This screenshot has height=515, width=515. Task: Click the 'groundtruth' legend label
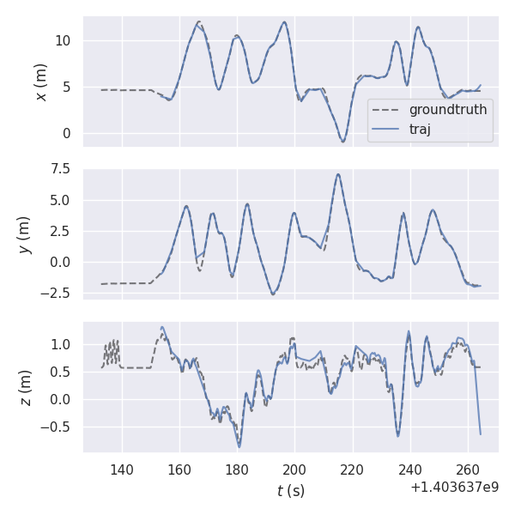[x=448, y=110]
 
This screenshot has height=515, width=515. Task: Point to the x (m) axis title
[x=40, y=82]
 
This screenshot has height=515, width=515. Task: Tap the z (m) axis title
[x=26, y=388]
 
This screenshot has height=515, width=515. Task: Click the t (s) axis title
[x=290, y=491]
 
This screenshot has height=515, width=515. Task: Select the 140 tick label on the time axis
[x=122, y=470]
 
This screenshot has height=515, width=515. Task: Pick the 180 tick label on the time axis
[x=237, y=470]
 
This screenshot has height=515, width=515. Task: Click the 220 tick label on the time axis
[x=352, y=470]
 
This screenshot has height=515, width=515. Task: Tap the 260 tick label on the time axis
[x=467, y=470]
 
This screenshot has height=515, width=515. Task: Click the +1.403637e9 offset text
[x=454, y=488]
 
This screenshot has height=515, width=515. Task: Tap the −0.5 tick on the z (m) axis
[x=60, y=427]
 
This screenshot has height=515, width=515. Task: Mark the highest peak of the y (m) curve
[x=338, y=174]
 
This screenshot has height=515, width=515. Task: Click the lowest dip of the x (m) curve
[x=342, y=142]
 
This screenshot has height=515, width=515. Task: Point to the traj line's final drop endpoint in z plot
[x=480, y=433]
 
